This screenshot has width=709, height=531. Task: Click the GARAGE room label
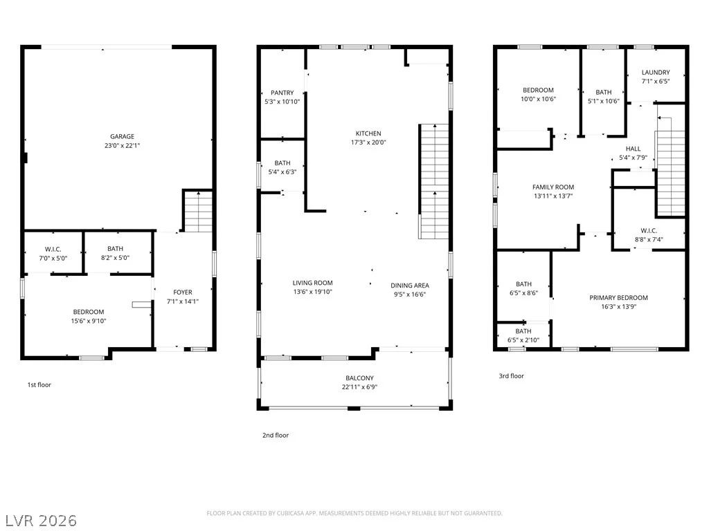click(x=122, y=136)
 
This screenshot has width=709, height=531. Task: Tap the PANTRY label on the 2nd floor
click(x=282, y=93)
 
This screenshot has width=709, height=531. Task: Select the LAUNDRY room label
click(x=656, y=72)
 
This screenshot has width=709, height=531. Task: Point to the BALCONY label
click(x=359, y=378)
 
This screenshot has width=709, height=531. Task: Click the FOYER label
click(x=183, y=292)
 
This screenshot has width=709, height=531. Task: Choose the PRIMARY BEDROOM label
click(x=618, y=297)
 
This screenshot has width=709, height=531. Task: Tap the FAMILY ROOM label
click(x=553, y=187)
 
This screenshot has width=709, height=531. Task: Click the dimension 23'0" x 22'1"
click(x=122, y=145)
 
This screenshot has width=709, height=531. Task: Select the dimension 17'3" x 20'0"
click(x=368, y=142)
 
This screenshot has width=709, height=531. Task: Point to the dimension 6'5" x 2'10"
click(x=523, y=340)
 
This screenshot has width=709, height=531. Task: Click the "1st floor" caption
click(x=39, y=384)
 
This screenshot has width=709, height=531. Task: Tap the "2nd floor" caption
click(x=276, y=436)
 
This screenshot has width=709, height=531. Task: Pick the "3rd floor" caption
click(x=512, y=375)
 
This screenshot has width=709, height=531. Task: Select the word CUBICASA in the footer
click(x=289, y=514)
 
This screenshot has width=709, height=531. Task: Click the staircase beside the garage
click(x=198, y=212)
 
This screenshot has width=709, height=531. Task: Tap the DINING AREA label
click(x=410, y=286)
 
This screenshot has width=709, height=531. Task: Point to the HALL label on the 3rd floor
click(x=633, y=149)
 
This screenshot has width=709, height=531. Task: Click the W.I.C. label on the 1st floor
click(x=53, y=249)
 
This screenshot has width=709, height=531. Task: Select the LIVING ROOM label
click(x=312, y=283)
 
